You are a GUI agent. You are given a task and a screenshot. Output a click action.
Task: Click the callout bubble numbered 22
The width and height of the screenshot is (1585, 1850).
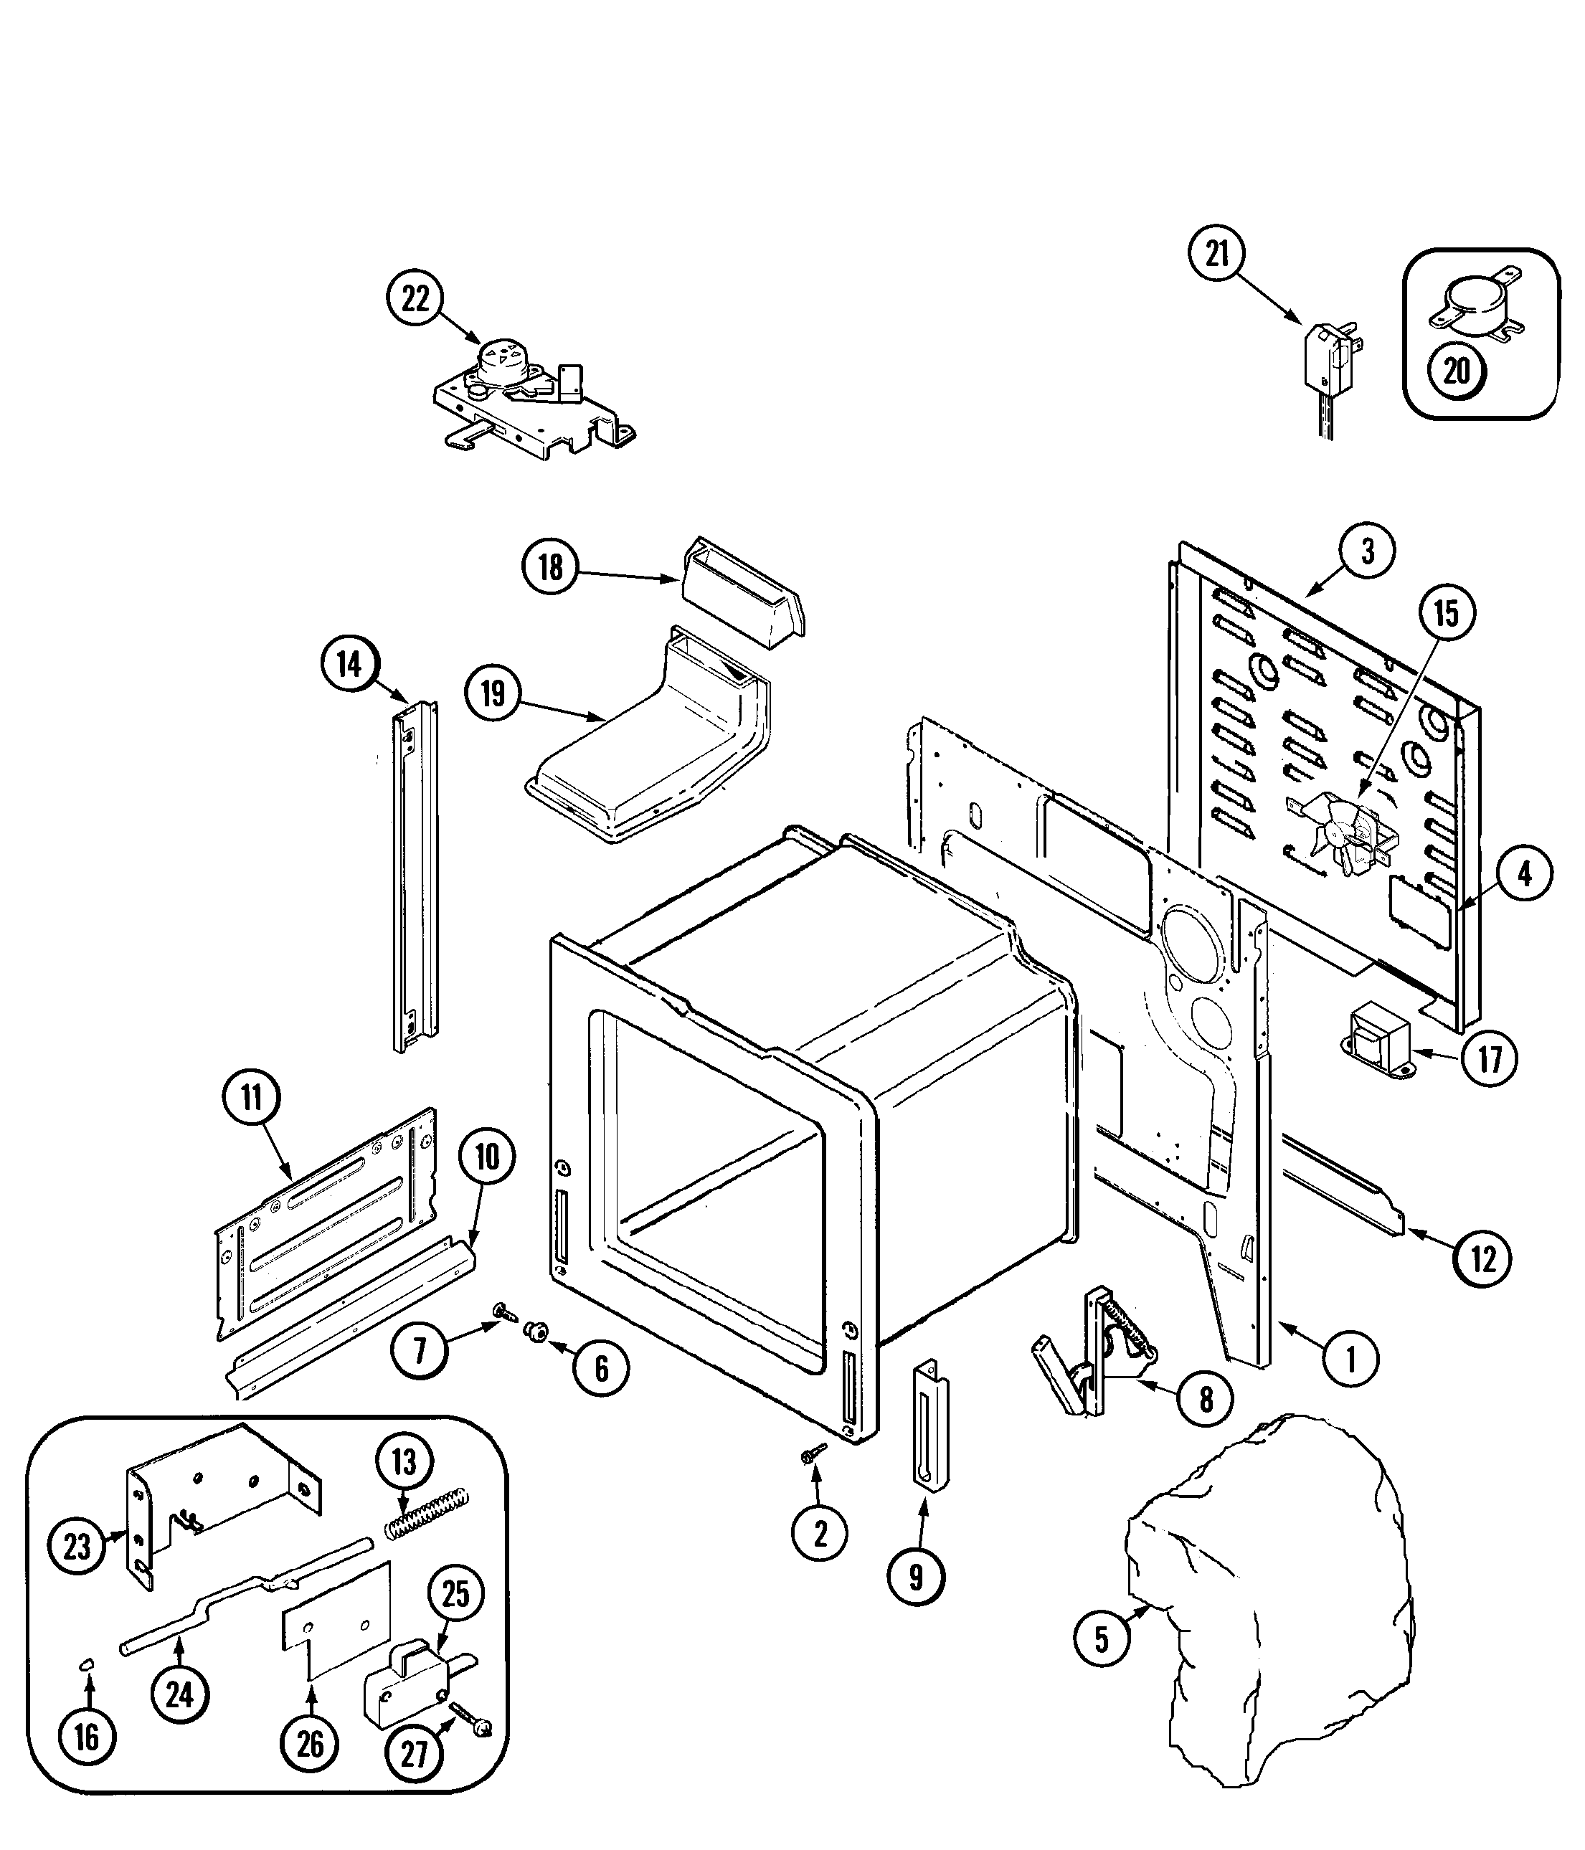415,298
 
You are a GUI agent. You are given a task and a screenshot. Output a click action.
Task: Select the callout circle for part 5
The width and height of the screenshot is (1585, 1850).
1102,1639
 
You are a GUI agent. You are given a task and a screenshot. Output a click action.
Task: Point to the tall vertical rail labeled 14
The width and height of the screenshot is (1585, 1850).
416,875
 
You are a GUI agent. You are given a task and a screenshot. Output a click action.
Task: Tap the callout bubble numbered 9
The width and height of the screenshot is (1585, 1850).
916,1578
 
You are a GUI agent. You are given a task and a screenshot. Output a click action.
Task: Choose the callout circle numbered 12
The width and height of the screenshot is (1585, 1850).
1483,1259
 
